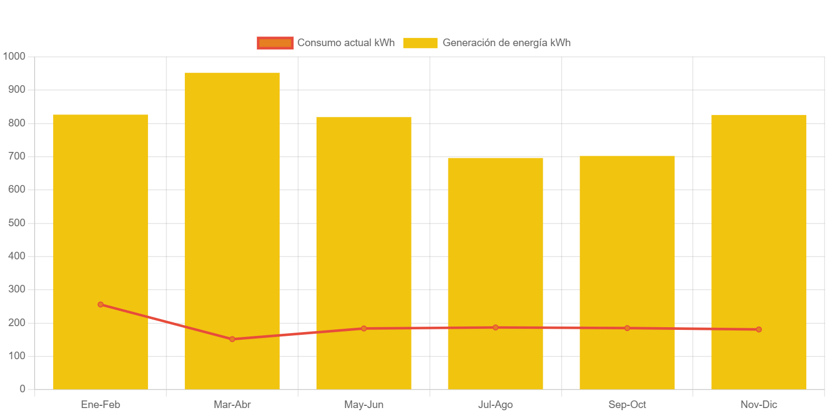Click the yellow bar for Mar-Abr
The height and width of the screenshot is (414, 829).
pos(232,217)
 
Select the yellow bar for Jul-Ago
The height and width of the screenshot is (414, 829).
pos(496,260)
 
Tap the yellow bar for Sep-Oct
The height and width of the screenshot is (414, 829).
pos(627,260)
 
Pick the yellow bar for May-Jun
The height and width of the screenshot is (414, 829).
pos(364,228)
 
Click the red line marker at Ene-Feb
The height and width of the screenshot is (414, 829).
pos(100,304)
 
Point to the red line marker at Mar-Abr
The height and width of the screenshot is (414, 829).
pos(232,339)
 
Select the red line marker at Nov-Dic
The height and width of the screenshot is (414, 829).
pos(759,329)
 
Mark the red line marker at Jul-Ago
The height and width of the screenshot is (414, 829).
pos(496,327)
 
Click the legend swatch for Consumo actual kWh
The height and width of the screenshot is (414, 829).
pos(275,43)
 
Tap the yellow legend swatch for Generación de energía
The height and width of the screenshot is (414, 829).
pos(420,43)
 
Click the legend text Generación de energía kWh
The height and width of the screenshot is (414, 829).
pos(506,43)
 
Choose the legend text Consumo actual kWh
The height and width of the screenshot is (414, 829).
pos(346,43)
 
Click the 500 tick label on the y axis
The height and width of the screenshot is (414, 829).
pos(17,223)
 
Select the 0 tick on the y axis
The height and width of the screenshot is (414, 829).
pos(23,389)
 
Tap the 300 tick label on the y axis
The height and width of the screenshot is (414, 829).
pos(17,289)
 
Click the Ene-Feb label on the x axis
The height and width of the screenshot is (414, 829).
pos(100,405)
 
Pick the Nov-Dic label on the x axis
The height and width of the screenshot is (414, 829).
pos(759,405)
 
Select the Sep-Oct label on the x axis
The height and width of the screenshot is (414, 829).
pos(627,405)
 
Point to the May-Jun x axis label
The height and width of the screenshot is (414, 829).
pos(364,405)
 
